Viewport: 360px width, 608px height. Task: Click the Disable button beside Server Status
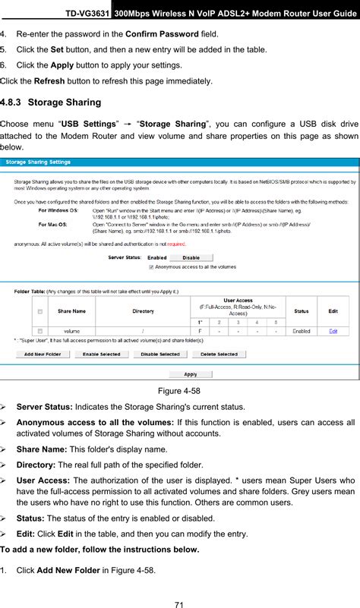[191, 258]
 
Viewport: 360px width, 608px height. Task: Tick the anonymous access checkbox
[151, 267]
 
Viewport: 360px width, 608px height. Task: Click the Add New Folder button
[43, 354]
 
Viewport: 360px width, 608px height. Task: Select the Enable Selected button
[101, 354]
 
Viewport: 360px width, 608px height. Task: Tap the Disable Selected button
[159, 354]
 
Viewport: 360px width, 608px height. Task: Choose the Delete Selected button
[219, 354]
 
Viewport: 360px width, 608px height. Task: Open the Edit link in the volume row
[333, 331]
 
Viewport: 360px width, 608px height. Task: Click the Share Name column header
[73, 311]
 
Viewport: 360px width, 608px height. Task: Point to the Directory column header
[144, 311]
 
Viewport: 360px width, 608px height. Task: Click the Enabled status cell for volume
[302, 331]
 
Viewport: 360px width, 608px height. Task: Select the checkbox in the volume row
[39, 331]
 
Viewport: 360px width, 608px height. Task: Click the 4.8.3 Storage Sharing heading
[51, 102]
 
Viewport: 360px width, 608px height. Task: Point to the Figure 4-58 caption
[179, 390]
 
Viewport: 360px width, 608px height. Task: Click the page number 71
[179, 604]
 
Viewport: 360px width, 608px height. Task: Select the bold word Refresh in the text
[50, 80]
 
